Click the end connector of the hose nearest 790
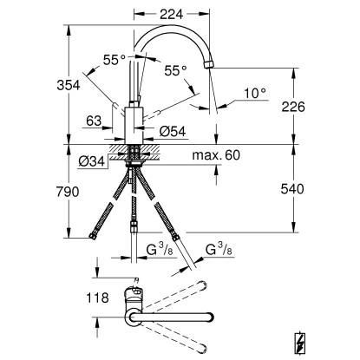[95, 235]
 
